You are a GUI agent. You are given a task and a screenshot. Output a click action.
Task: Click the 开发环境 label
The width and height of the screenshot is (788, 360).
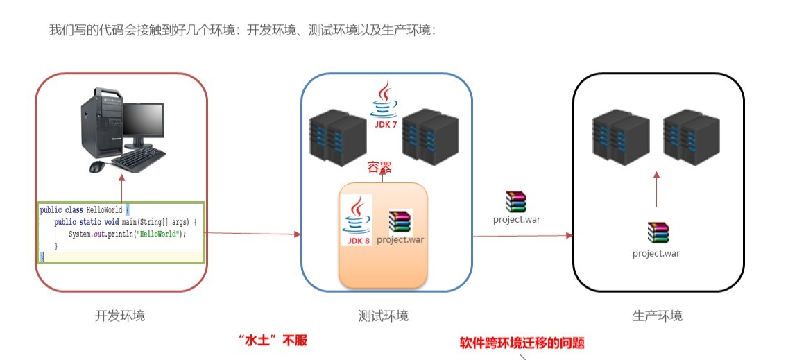tap(119, 316)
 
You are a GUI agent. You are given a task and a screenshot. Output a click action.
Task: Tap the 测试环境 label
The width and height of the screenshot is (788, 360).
tap(384, 316)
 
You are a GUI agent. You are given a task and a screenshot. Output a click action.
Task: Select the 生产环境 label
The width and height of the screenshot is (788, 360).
tap(658, 316)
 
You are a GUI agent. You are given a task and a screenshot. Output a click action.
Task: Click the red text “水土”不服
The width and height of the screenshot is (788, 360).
tap(273, 341)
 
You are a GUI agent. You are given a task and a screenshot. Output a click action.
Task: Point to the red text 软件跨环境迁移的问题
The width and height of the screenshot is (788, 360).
tap(522, 343)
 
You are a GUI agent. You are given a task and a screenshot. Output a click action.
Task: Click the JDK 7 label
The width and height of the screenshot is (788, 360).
tap(386, 124)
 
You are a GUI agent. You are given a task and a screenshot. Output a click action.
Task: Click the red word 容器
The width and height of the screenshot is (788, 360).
tap(379, 168)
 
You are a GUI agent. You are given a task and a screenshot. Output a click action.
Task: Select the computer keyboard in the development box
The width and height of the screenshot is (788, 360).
tap(138, 158)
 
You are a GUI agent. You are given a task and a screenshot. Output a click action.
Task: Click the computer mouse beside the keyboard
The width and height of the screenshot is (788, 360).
tap(98, 166)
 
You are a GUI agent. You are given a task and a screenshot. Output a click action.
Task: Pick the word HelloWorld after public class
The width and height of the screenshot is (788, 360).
tap(105, 209)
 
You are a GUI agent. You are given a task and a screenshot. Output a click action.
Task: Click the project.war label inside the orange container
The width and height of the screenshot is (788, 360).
tap(400, 239)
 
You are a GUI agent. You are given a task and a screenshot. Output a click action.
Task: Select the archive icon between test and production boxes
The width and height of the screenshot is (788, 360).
tap(515, 202)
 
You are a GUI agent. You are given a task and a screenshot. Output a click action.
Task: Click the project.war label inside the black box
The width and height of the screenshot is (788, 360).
tap(656, 253)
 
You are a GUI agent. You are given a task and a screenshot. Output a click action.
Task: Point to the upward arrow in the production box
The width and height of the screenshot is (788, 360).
tap(656, 189)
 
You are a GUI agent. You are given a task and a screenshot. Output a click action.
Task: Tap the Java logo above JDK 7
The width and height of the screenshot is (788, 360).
tap(384, 100)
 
